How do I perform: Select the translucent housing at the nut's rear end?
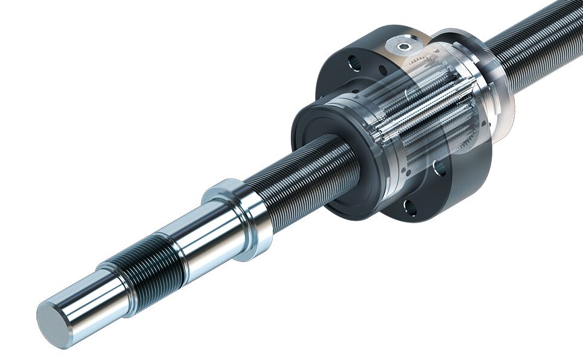point(484,91)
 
